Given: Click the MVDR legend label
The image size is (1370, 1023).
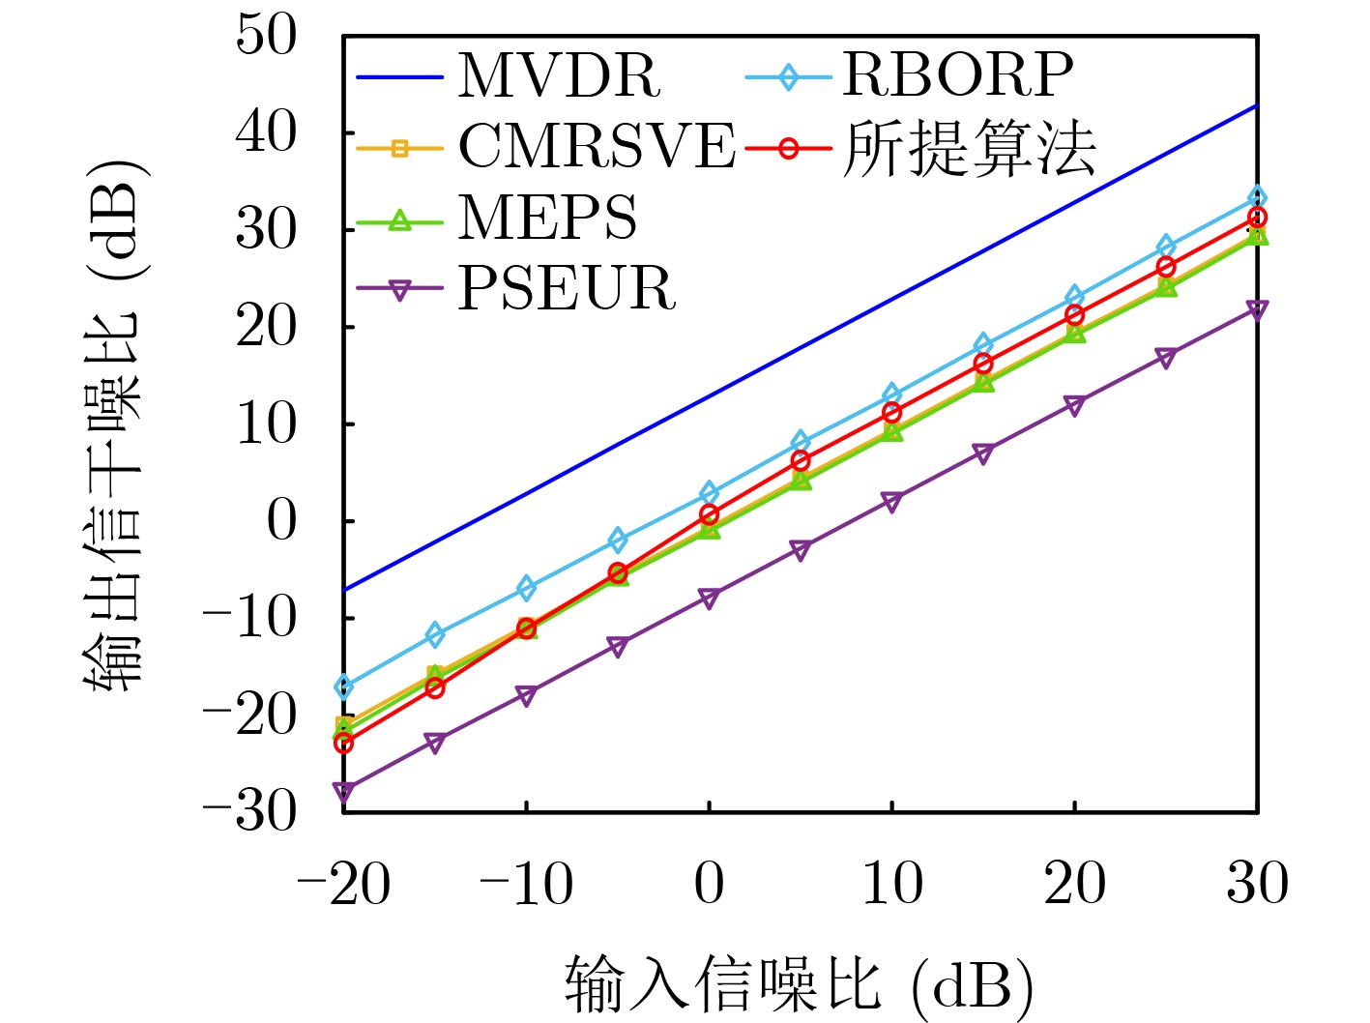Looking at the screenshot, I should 559,75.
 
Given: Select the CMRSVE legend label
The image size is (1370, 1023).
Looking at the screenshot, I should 596,147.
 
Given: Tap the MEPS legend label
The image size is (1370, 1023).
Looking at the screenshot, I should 547,218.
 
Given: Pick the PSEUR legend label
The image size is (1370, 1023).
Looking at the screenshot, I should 567,288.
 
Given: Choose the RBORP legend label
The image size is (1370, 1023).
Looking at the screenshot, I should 957,75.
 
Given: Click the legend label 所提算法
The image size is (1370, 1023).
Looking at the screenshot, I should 969,149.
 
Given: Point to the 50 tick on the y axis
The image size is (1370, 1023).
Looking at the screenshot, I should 267,36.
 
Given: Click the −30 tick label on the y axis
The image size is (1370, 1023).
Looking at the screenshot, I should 249,810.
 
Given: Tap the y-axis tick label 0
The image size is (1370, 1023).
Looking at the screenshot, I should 281,521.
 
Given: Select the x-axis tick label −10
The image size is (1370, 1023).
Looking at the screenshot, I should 526,884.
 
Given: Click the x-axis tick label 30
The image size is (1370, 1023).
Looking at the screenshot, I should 1257,884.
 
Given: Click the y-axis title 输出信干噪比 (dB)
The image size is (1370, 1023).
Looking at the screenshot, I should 114,425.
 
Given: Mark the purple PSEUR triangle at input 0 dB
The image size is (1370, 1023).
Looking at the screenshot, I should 709,599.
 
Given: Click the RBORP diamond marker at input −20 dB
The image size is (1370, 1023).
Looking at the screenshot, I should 343,687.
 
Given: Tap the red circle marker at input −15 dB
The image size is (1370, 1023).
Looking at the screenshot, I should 435,688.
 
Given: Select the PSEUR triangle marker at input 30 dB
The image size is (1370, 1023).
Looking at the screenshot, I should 1257,310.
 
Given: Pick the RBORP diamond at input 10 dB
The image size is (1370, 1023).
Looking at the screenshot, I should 891,395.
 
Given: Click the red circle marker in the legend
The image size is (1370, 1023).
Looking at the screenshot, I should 788,149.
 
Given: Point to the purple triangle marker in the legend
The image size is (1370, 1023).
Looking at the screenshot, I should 399,288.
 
